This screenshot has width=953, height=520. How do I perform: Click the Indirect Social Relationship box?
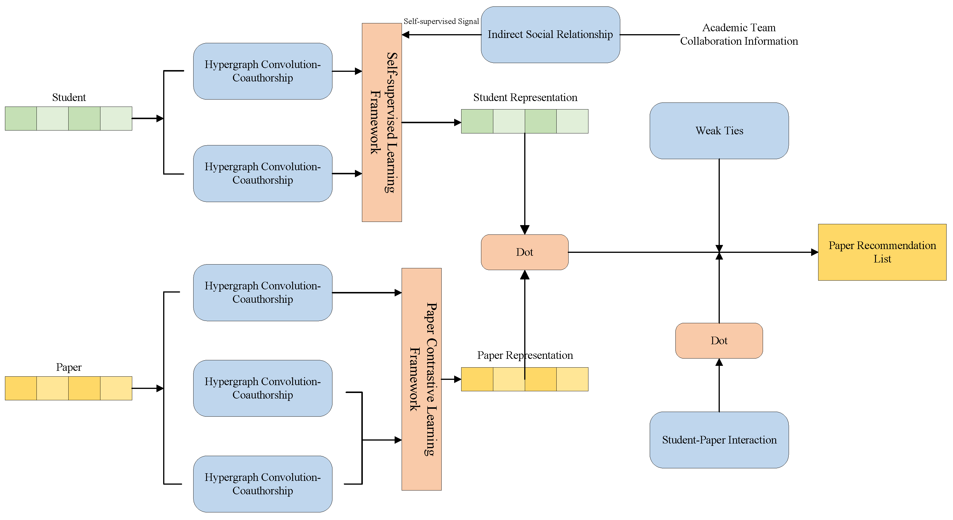[550, 34]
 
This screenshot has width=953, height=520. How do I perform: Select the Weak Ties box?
[719, 131]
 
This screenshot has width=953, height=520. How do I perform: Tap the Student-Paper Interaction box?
[719, 440]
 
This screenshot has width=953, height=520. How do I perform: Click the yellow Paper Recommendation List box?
[882, 252]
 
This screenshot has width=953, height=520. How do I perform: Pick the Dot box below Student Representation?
[524, 252]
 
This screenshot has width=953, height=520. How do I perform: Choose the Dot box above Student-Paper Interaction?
[719, 340]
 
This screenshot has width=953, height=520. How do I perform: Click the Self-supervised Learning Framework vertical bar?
[381, 122]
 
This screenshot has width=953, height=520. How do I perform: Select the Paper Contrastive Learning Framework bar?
[421, 379]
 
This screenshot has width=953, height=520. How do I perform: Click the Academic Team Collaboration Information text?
[739, 34]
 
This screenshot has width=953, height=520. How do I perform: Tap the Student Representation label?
[525, 97]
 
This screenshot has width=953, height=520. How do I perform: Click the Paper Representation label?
[525, 355]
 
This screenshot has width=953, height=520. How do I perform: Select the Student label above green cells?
[69, 97]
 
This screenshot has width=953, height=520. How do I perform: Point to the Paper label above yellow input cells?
[69, 367]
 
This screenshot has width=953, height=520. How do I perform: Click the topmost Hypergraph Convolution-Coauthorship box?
[262, 71]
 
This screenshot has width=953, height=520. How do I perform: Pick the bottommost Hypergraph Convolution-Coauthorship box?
[262, 484]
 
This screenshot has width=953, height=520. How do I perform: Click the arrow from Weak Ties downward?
[719, 204]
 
